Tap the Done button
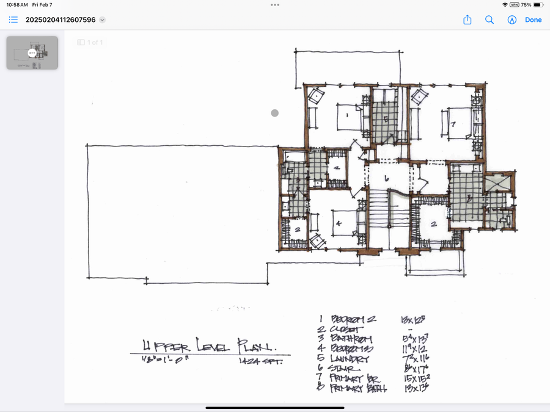pos(533,20)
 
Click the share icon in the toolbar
pos(468,20)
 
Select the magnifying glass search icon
pos(490,20)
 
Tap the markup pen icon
pos(512,20)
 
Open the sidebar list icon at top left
pos(13,20)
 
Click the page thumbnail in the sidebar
pos(32,53)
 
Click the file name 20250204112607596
pos(61,20)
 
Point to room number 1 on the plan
pos(346,114)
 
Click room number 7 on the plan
pos(453,124)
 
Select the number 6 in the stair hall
pos(387,178)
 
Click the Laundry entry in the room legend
pos(350,360)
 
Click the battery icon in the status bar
pos(538,5)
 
